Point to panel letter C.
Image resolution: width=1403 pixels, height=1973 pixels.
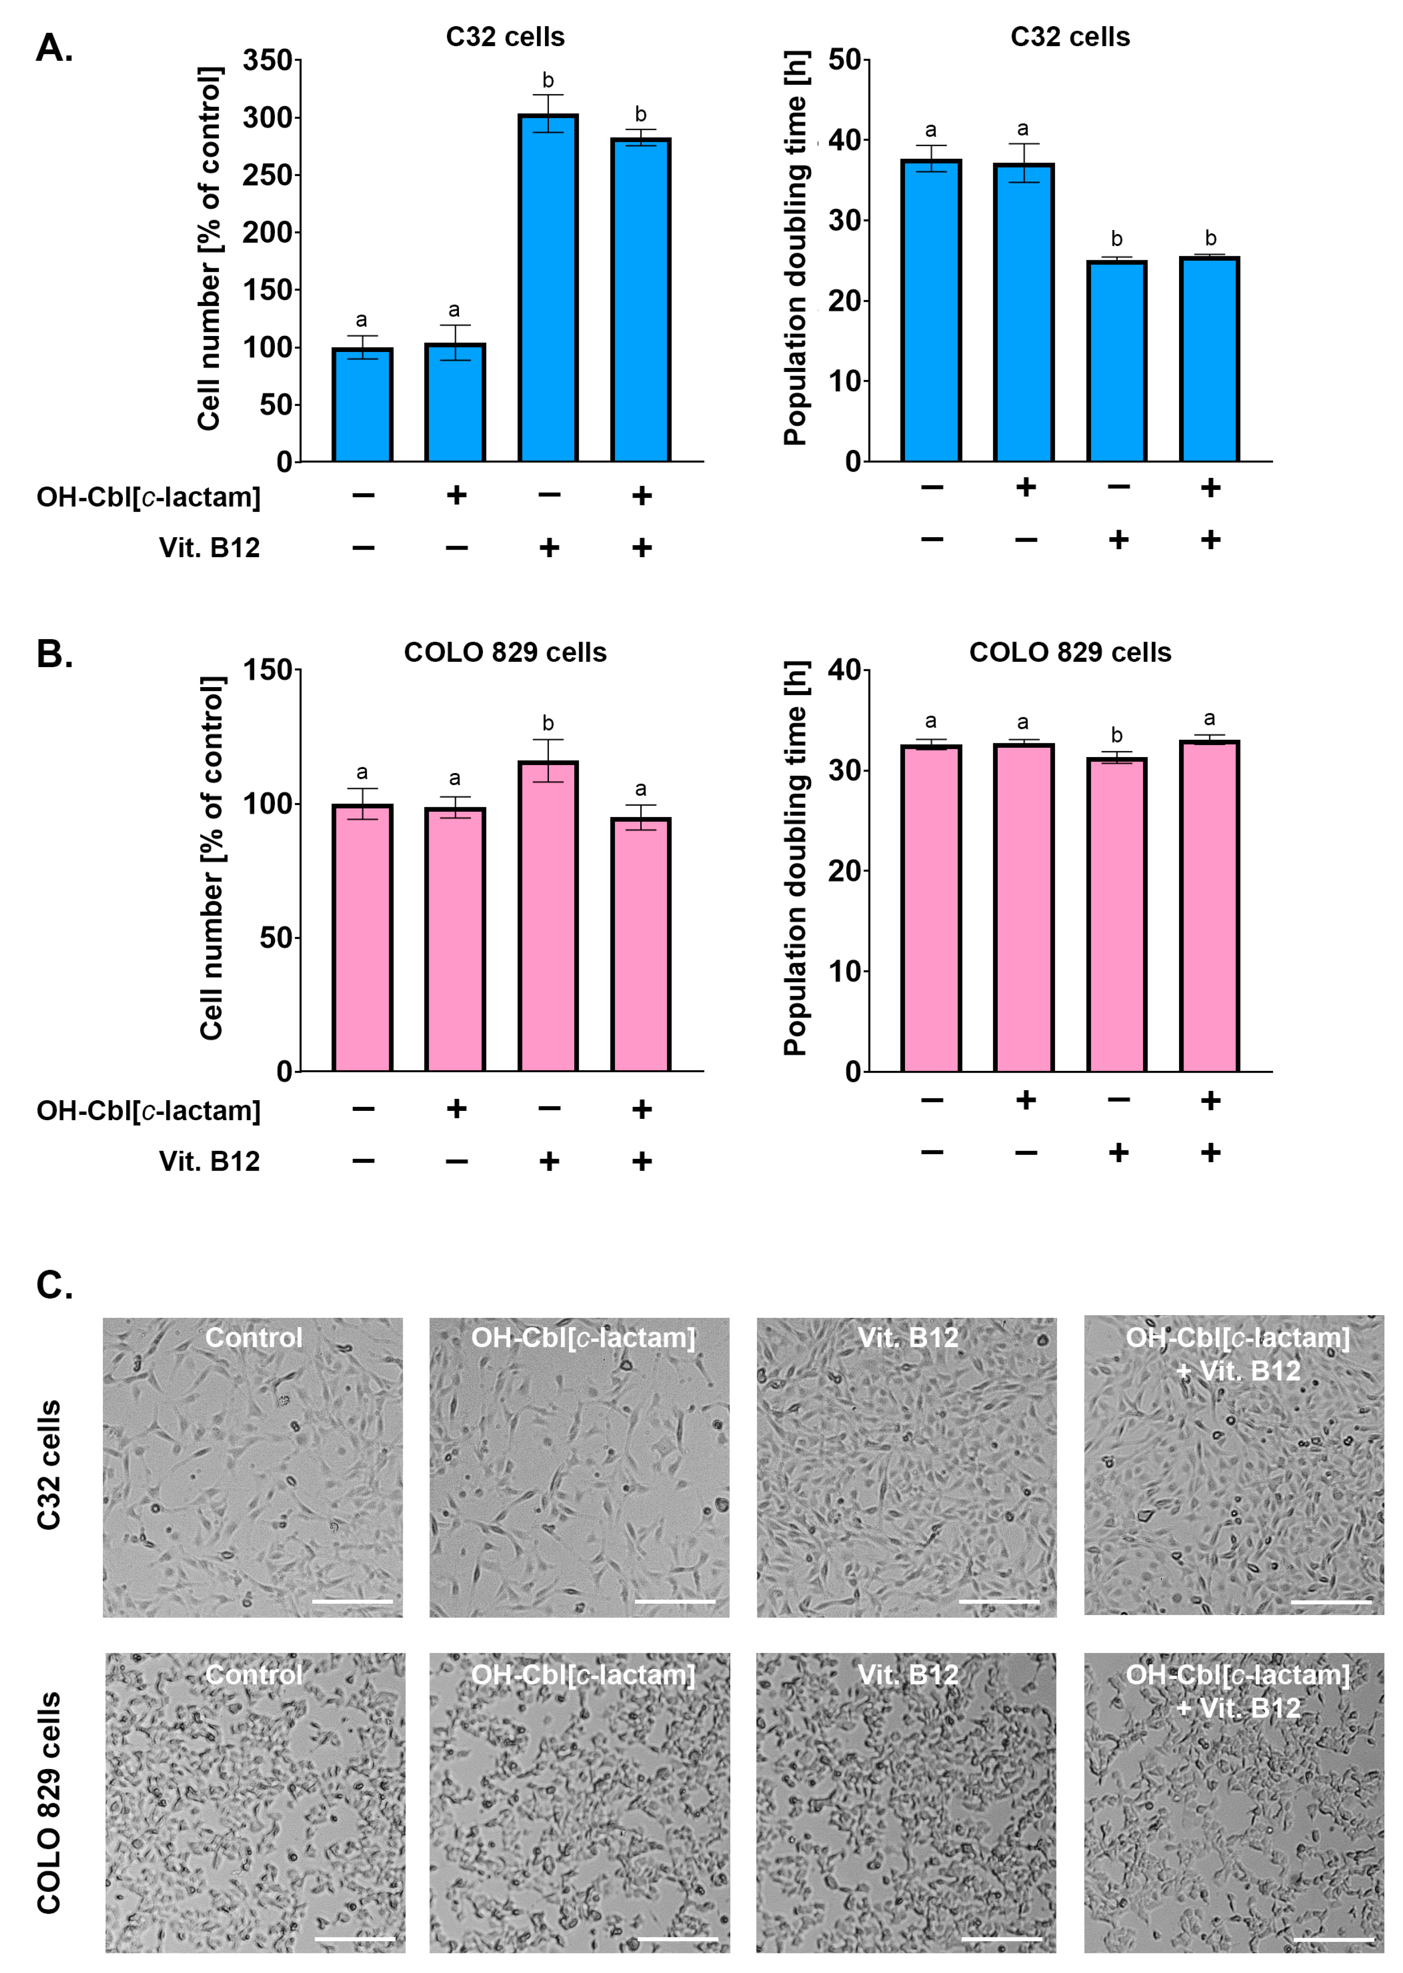54,1285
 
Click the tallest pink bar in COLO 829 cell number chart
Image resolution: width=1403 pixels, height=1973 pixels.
548,915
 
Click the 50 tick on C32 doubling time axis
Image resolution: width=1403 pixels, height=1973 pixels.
844,60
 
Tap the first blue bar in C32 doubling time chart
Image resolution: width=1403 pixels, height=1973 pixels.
931,311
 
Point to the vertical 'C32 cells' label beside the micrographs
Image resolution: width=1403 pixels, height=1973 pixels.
49,1465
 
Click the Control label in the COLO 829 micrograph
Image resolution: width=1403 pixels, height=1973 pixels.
254,1675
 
